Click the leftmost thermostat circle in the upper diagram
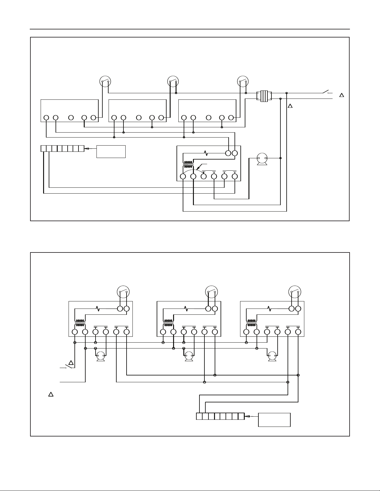click(x=105, y=81)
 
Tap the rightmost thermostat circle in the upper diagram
click(x=243, y=81)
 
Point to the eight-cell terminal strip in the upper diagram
click(x=62, y=148)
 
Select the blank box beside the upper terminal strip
click(x=111, y=151)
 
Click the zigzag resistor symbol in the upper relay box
click(x=205, y=153)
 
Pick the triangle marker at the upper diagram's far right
click(x=342, y=95)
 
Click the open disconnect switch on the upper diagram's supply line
click(x=325, y=92)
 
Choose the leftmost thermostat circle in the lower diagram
click(x=123, y=292)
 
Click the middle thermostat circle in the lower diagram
click(x=212, y=292)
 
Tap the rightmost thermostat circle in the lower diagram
click(x=295, y=292)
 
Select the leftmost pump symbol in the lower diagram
click(x=101, y=356)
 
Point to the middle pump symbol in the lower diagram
click(x=189, y=356)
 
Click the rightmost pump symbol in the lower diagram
click(x=272, y=356)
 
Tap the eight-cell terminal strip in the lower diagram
click(x=220, y=416)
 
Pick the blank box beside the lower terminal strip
click(x=274, y=420)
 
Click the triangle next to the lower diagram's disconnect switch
click(x=71, y=362)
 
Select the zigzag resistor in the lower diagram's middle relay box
click(x=186, y=309)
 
